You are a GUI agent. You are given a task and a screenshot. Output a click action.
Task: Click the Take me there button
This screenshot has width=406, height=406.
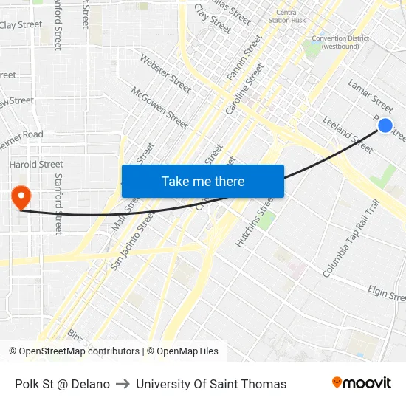(203, 181)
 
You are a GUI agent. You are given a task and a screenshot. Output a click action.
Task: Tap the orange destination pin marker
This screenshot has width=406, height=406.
(21, 197)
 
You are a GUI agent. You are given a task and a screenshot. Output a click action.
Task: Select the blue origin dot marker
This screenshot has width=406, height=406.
(385, 125)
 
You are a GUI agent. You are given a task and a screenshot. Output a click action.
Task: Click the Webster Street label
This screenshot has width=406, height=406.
(165, 74)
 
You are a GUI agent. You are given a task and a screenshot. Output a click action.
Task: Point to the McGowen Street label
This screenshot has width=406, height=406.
(159, 108)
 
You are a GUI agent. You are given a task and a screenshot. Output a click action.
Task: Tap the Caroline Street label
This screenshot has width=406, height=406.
(244, 89)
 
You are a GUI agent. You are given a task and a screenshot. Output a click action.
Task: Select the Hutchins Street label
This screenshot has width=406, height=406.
(255, 222)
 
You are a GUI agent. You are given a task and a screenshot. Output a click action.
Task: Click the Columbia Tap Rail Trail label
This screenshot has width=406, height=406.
(351, 238)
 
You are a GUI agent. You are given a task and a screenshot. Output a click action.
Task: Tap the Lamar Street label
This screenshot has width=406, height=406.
(370, 94)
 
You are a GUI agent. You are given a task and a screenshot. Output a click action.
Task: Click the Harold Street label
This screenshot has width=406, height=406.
(36, 164)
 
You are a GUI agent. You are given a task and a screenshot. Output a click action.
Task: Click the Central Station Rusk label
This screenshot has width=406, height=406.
(287, 16)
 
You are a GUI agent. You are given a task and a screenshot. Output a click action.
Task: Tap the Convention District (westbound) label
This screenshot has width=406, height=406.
(335, 42)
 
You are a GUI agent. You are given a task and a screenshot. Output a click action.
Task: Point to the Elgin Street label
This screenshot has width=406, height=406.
(388, 294)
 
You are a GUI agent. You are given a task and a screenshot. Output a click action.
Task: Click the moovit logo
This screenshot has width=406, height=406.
(362, 382)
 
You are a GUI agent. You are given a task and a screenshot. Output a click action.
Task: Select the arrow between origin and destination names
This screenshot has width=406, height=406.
(123, 384)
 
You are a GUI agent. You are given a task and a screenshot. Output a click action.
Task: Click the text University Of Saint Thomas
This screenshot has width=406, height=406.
(211, 384)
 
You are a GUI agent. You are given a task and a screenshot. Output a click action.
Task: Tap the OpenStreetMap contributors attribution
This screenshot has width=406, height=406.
(78, 351)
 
